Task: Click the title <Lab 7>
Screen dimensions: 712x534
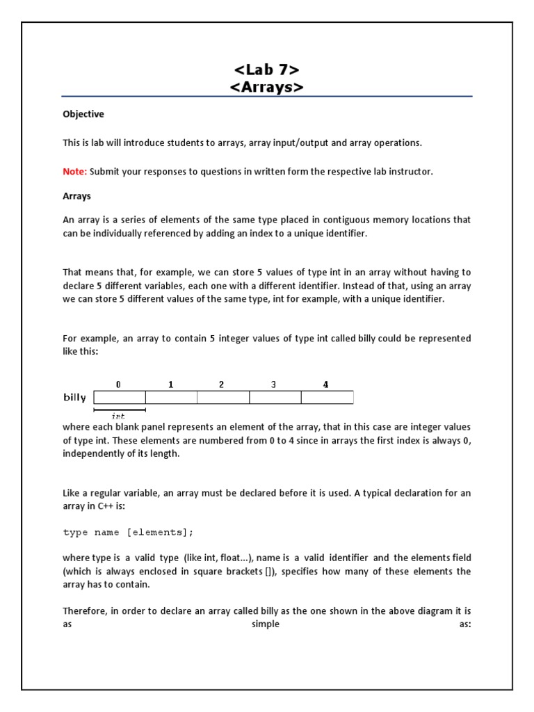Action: click(267, 70)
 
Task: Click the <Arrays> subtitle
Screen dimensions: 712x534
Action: click(267, 87)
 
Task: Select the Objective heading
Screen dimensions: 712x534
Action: click(83, 114)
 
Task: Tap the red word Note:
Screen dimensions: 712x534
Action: click(75, 172)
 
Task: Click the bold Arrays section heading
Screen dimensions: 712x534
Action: click(77, 196)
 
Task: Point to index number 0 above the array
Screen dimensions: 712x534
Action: click(118, 385)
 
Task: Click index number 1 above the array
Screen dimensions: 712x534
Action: click(170, 385)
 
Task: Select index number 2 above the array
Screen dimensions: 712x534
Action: click(222, 385)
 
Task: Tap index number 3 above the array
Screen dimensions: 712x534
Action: click(274, 385)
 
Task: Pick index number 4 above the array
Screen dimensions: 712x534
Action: click(325, 385)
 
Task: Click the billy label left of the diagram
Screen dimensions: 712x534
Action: click(75, 398)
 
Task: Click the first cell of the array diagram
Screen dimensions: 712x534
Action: click(120, 398)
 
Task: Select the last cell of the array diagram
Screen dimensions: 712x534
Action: click(327, 398)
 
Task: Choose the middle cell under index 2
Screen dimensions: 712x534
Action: click(223, 398)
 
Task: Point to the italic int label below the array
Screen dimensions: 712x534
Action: click(118, 415)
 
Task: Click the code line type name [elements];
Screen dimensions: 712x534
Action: click(129, 532)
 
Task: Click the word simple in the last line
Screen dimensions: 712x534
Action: click(266, 624)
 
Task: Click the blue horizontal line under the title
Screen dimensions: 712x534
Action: click(267, 97)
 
